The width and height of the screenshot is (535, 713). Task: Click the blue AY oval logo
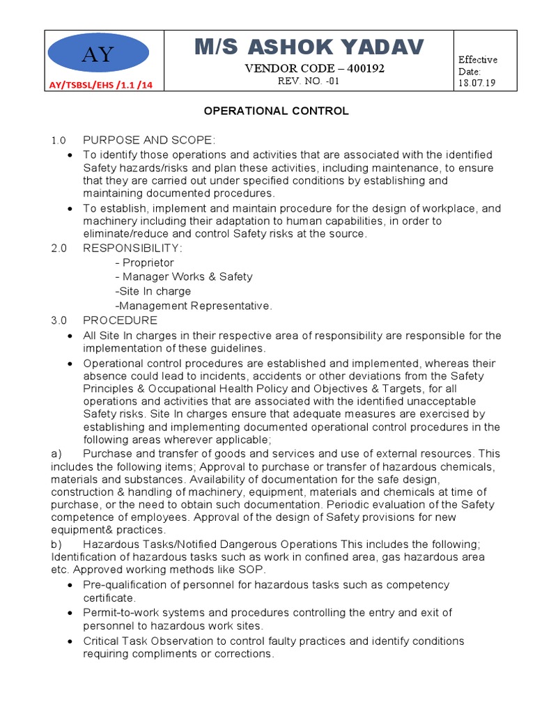pos(98,54)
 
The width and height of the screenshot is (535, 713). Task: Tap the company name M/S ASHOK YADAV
pos(309,47)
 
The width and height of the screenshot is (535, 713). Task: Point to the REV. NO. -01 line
pos(309,81)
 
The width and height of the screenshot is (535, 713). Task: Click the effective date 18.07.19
pos(476,84)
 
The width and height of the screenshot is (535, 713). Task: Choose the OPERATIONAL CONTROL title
pos(276,111)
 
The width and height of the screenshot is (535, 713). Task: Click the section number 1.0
pos(58,141)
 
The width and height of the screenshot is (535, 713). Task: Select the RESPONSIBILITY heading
pos(133,249)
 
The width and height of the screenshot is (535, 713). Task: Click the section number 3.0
pos(58,320)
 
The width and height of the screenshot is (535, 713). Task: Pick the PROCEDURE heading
pos(121,320)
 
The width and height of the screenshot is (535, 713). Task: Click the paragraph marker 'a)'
pos(57,453)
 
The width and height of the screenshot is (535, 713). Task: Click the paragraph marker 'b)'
pos(57,544)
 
